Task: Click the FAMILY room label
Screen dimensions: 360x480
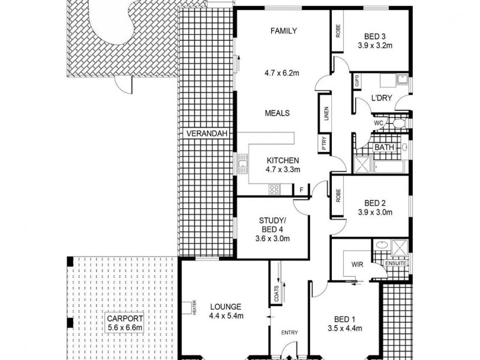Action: tap(283, 31)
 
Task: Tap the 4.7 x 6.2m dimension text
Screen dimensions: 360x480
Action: tap(281, 74)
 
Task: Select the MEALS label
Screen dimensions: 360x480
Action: tap(278, 113)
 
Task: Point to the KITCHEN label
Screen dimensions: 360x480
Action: tap(283, 160)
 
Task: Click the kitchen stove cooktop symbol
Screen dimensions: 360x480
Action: tap(274, 190)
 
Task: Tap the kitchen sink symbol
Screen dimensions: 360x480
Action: tap(243, 163)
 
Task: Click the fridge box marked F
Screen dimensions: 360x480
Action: tap(301, 190)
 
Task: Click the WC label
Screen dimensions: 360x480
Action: tap(379, 123)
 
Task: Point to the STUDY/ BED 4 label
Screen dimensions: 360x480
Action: tap(272, 226)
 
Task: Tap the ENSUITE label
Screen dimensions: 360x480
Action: tap(397, 263)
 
